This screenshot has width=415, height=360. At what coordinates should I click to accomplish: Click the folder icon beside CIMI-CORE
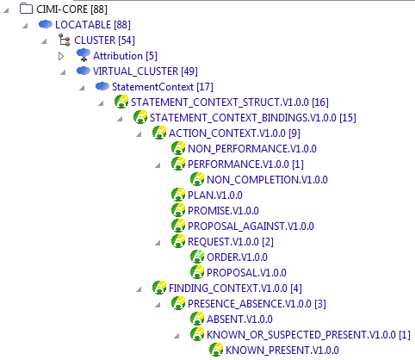click(x=26, y=9)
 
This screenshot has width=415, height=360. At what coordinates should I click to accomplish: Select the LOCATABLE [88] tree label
click(x=93, y=25)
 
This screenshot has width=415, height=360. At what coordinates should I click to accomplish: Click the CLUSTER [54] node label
click(x=104, y=40)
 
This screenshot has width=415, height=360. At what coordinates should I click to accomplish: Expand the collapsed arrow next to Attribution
click(x=61, y=56)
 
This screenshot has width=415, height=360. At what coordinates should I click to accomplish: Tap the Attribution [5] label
click(x=125, y=56)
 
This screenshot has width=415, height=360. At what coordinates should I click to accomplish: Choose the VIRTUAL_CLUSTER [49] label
click(x=146, y=71)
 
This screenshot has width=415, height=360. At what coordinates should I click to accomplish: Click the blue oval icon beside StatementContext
click(x=102, y=86)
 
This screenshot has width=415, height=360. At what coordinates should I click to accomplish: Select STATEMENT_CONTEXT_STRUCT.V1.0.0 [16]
click(x=230, y=102)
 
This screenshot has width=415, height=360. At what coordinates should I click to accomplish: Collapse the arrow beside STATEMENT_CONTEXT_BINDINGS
click(x=120, y=119)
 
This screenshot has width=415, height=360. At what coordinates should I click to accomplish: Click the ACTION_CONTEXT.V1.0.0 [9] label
click(x=234, y=133)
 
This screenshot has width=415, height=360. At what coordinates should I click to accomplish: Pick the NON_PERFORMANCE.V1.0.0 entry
click(x=252, y=149)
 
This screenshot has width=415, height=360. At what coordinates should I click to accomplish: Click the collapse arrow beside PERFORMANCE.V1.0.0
click(x=158, y=165)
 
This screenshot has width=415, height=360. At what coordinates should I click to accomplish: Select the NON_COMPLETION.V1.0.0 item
click(x=267, y=180)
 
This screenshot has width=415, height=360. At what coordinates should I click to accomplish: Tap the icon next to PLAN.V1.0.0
click(x=178, y=195)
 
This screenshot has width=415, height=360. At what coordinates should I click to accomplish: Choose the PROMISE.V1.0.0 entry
click(x=223, y=211)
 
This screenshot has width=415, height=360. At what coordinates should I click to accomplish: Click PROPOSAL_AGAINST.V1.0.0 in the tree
click(x=251, y=227)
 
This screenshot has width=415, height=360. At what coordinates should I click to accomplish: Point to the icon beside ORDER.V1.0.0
click(x=197, y=257)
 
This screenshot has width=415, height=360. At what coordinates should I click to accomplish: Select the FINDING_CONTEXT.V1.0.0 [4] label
click(x=235, y=289)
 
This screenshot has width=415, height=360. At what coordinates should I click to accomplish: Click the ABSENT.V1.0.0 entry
click(x=239, y=320)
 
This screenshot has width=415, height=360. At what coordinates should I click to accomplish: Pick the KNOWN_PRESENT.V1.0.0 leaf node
click(x=282, y=351)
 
